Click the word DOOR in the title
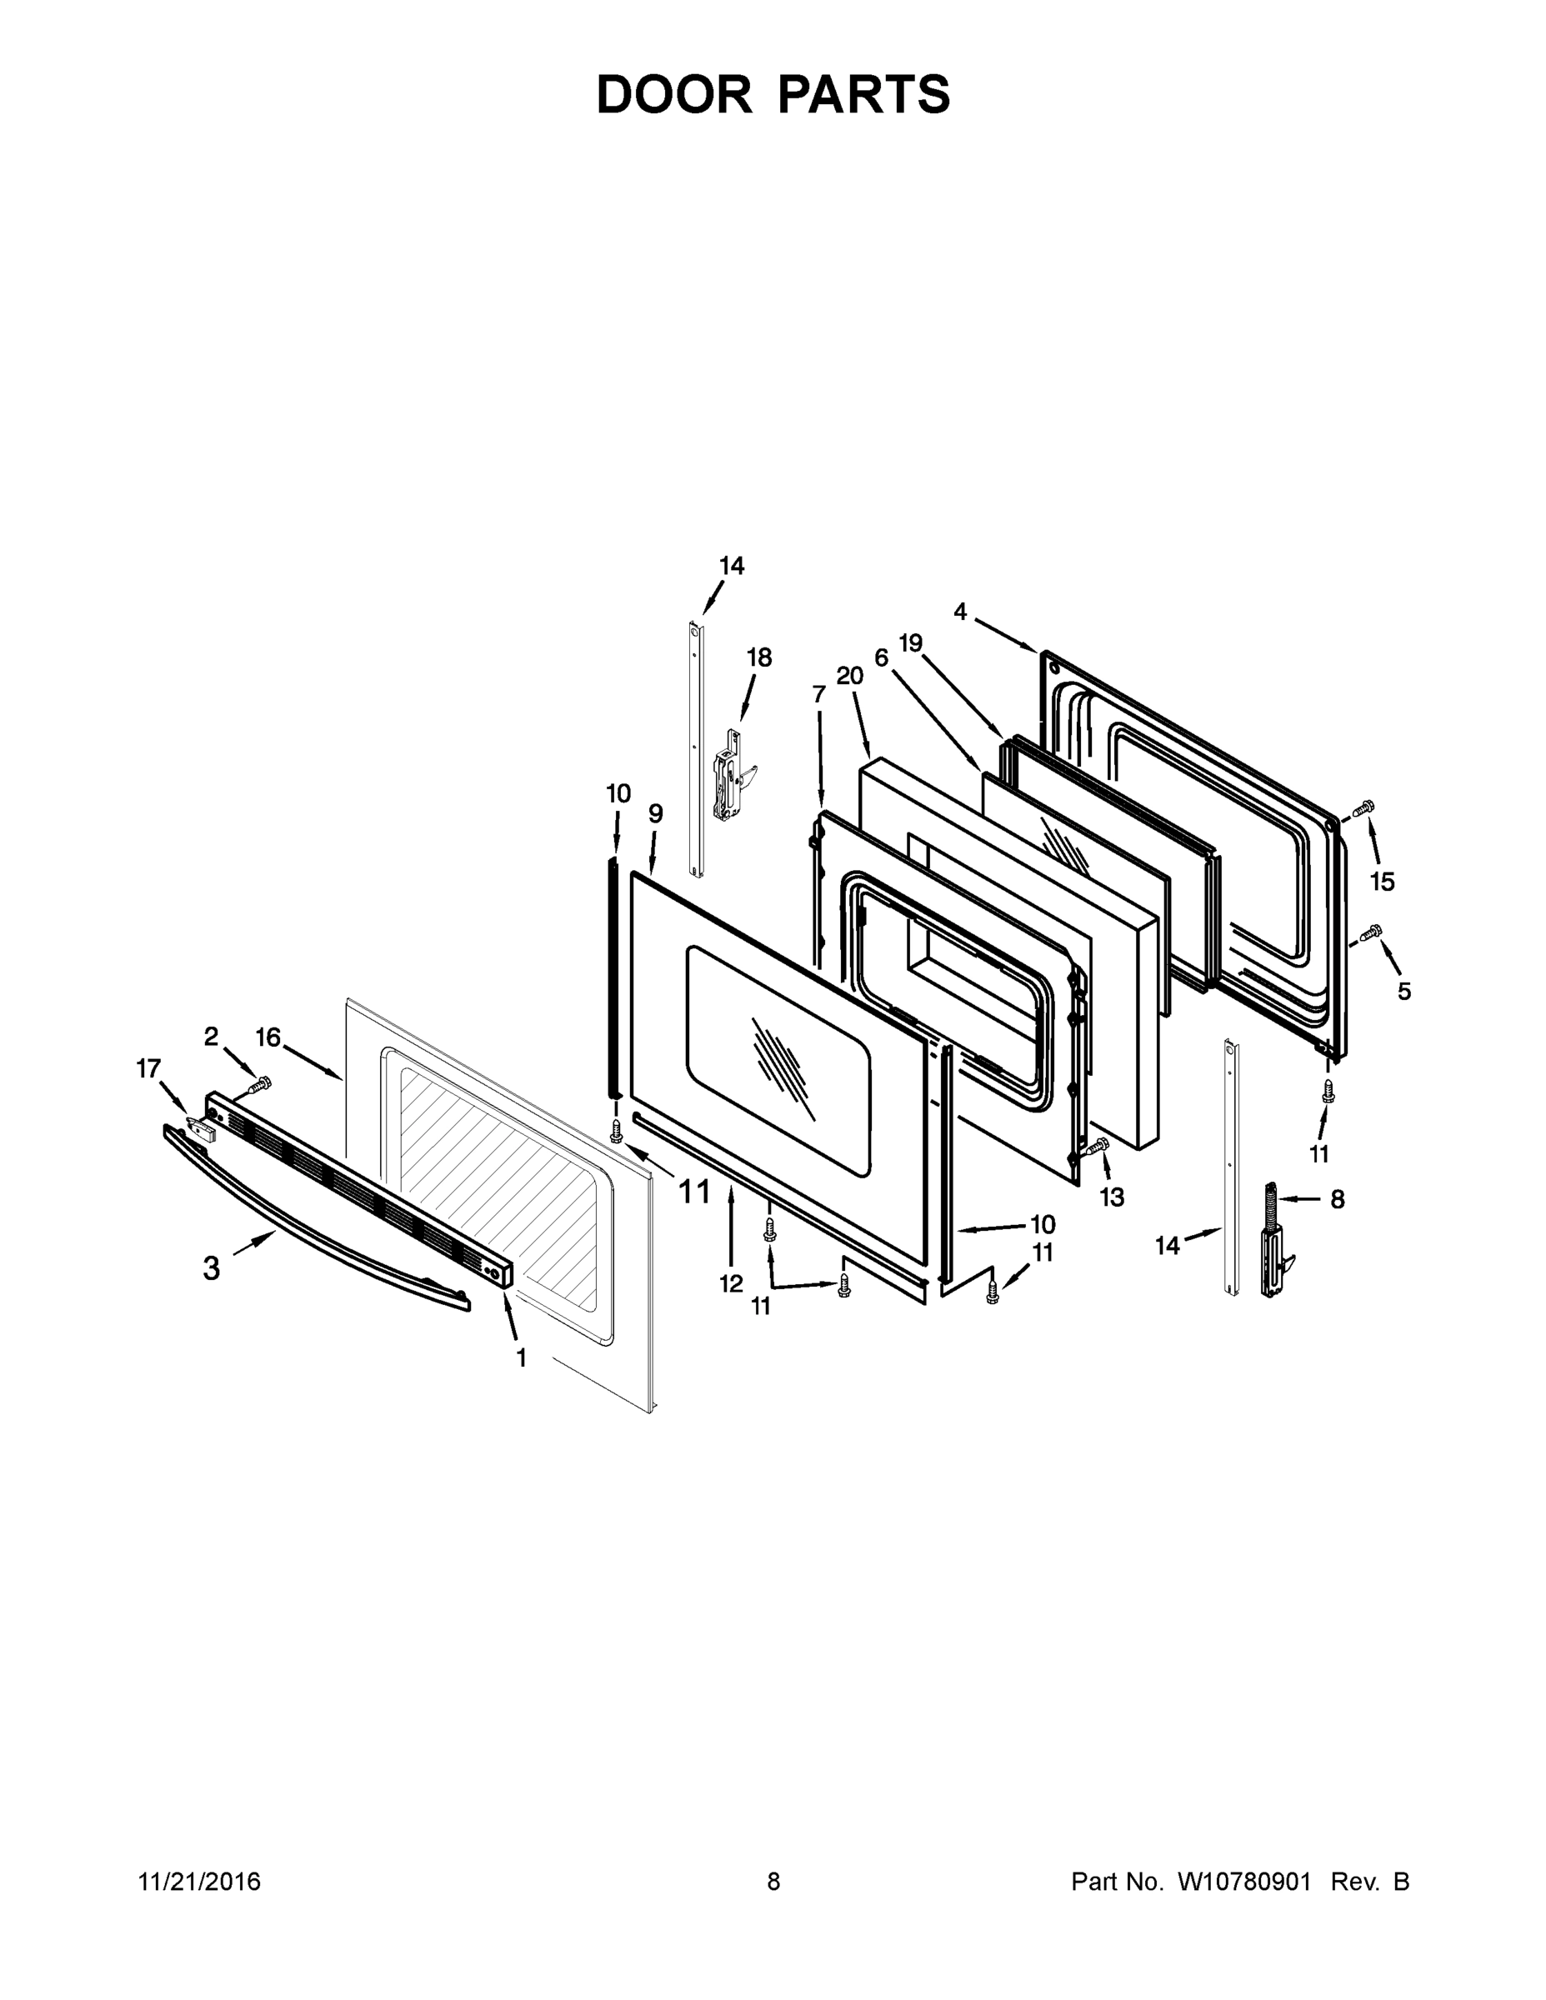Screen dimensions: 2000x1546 tap(674, 95)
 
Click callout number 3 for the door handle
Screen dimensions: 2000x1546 tap(212, 1268)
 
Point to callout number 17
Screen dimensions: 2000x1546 tap(148, 1068)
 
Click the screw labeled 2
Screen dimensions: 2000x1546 tap(260, 1084)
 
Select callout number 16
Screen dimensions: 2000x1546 tap(268, 1037)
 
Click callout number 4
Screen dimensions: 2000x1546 tap(960, 612)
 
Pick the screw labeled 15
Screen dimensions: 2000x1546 tap(1363, 807)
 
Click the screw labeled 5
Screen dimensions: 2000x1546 tap(1371, 932)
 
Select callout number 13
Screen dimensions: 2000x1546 tap(1112, 1197)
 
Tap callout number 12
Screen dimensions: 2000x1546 tap(731, 1284)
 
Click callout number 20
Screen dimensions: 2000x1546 tap(850, 676)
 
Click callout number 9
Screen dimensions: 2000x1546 tap(656, 813)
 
